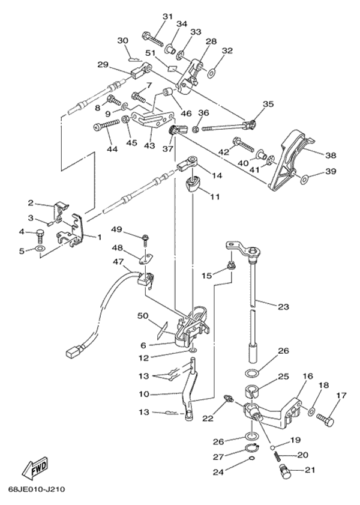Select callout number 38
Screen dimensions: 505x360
(x=331, y=154)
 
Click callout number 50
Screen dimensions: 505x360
(x=143, y=316)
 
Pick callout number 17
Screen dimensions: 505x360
(x=341, y=395)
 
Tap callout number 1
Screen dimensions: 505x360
(x=99, y=236)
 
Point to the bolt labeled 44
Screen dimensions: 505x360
(x=104, y=126)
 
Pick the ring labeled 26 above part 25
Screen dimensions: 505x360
(x=254, y=373)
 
